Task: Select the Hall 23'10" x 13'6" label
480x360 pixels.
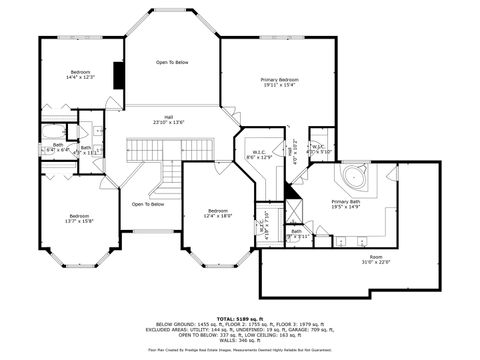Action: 169,120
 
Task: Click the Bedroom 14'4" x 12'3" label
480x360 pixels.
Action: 80,75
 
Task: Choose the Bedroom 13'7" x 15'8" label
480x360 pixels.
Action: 79,219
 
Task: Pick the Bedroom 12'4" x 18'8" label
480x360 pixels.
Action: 219,213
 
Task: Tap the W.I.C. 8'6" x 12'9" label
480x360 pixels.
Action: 259,155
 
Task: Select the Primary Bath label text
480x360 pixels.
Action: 345,204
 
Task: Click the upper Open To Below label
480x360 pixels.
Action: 171,62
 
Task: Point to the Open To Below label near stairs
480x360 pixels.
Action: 147,204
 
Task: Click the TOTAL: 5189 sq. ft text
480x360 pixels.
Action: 240,317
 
